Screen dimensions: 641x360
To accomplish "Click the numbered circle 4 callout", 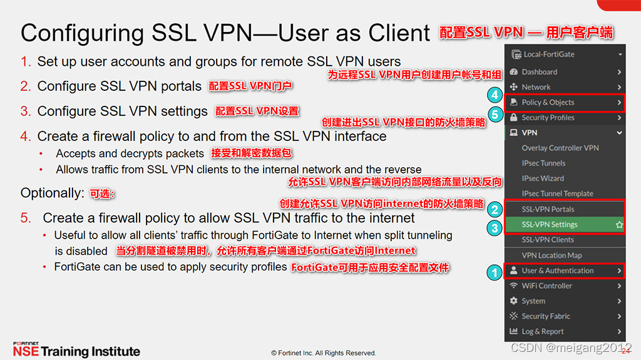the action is (495, 96).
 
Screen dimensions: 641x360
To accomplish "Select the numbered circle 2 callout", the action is (495, 210).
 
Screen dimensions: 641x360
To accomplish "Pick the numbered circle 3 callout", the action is (495, 228).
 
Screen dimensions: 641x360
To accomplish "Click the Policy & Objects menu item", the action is (548, 102).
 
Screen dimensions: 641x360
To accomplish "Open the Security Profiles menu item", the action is (548, 118).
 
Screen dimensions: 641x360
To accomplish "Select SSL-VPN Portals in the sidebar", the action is (548, 209).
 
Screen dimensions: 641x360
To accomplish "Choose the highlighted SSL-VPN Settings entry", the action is (550, 224).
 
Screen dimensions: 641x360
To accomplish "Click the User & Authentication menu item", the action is (557, 270).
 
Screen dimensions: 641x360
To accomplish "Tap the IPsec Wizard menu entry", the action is (543, 178).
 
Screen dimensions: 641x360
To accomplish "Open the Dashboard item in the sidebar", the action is (539, 72).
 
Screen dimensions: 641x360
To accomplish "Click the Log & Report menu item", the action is (542, 331).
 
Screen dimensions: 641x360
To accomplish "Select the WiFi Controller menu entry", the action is (546, 285).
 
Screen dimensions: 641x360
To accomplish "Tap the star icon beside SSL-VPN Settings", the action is (619, 224).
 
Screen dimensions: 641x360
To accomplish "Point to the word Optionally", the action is (52, 193).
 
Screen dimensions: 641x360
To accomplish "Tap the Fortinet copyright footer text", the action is (323, 353).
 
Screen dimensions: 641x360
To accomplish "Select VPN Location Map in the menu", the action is (551, 255).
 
